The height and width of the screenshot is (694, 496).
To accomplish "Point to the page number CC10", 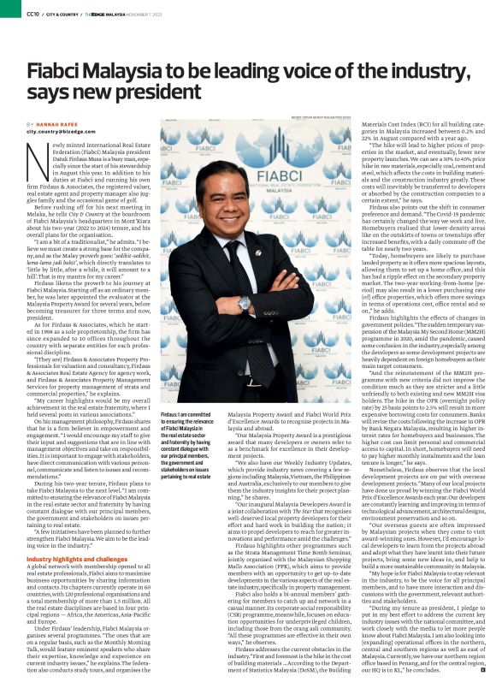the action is click(10, 12).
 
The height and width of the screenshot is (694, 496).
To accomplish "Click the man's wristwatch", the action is click(244, 302).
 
